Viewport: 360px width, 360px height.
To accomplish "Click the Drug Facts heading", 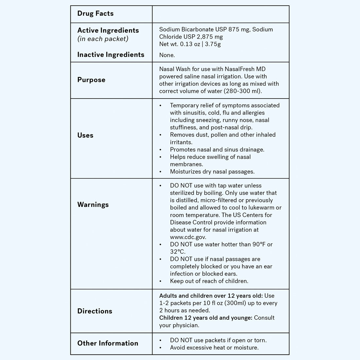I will point(95,13).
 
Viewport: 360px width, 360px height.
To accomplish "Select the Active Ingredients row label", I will point(108,30).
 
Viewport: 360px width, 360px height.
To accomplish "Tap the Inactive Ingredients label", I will point(111,55).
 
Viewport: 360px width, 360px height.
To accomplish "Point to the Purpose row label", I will point(91,80).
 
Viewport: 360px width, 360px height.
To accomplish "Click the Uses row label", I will point(85,135).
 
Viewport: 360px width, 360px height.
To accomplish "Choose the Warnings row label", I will point(93,205).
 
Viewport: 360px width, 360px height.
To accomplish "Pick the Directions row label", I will point(95,311).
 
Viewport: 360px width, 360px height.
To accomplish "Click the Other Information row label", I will point(108,343).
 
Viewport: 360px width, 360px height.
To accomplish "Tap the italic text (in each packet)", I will point(103,39).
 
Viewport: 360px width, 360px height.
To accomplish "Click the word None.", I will point(167,55).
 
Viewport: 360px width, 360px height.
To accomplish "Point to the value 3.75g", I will point(213,44).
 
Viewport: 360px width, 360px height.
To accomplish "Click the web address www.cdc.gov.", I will point(188,237).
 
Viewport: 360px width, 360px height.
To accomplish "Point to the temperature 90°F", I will point(259,244).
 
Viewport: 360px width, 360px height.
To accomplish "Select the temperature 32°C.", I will point(177,252).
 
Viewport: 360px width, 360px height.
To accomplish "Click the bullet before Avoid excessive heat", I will point(160,348).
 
